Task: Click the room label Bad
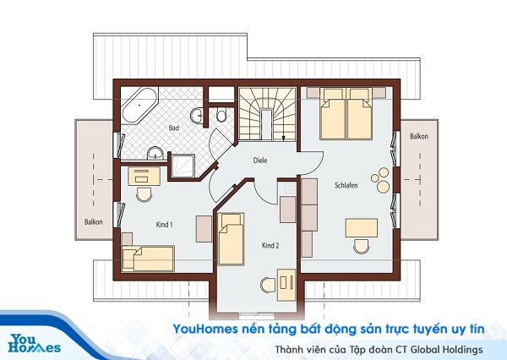point(174,128)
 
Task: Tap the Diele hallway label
point(260,160)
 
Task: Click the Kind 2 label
point(270,245)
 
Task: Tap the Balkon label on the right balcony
point(418,136)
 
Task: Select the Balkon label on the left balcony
point(93,222)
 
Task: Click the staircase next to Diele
point(264,114)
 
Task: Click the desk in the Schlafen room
point(362,228)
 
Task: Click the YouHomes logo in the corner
point(35,342)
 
